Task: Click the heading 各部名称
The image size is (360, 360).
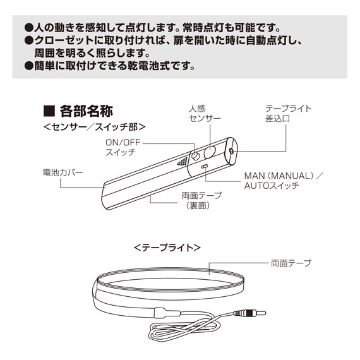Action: pos(87,111)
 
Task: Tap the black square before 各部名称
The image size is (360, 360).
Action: pos(49,111)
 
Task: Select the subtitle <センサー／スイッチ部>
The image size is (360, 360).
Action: pos(94,127)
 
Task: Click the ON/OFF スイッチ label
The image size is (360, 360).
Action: pos(123,147)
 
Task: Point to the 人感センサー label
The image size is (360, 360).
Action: pos(205,114)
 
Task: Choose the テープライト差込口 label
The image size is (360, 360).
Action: pos(288,114)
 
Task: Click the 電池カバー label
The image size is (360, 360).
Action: pos(63,172)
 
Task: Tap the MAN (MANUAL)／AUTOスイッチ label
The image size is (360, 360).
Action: pos(284,181)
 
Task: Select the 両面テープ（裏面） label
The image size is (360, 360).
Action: pos(201,200)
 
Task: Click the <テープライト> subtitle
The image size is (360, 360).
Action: pos(167,248)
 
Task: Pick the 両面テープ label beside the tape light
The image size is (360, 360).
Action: pos(291,263)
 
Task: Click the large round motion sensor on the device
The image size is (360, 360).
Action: pos(210,152)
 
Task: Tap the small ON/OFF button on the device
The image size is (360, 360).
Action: pos(196,156)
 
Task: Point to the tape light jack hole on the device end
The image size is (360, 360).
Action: pos(231,151)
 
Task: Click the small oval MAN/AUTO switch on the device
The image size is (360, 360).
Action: pos(204,166)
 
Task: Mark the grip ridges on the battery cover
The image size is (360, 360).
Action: pos(183,162)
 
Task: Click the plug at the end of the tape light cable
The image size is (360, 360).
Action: pos(250,313)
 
